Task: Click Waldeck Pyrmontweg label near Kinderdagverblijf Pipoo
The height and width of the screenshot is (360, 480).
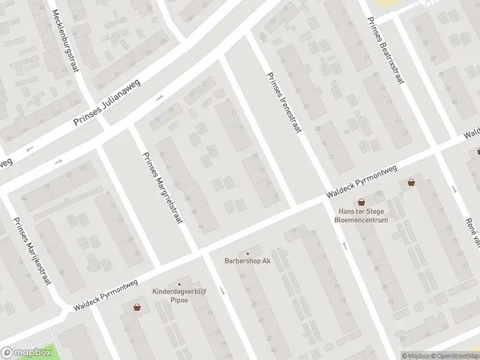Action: pos(106,295)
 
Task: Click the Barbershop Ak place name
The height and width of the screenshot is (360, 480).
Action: pos(247,261)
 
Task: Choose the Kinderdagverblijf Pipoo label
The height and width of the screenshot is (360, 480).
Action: pos(179,294)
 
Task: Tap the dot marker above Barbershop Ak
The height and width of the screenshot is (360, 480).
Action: pos(247,253)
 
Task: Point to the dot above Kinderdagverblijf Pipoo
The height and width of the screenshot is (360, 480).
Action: pos(179,284)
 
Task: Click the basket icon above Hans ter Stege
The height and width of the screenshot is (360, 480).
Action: pos(361,203)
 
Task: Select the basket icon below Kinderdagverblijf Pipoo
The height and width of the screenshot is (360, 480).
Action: pos(137,307)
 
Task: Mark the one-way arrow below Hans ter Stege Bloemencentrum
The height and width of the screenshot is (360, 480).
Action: pos(344,245)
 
